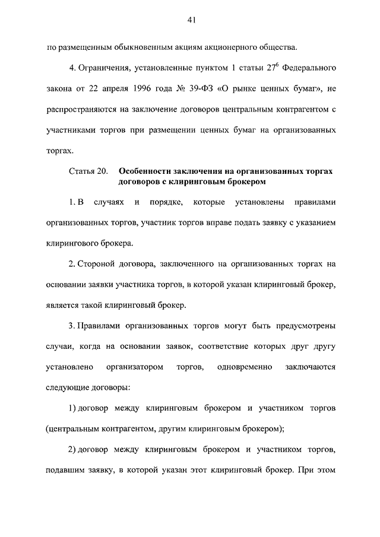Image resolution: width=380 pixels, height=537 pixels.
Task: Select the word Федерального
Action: pos(311,67)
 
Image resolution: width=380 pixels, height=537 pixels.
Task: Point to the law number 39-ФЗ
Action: pos(199,89)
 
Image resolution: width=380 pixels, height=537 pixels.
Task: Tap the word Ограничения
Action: pos(105,67)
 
